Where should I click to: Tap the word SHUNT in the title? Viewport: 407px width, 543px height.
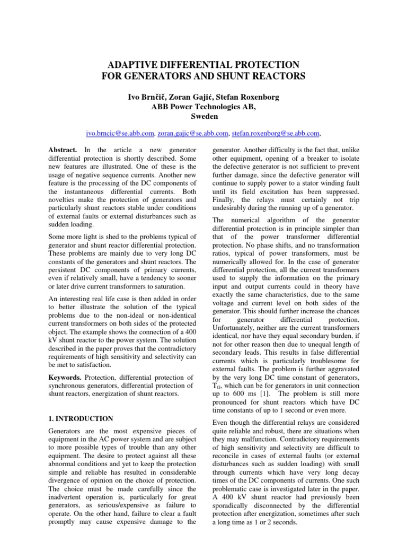(x=235, y=76)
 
